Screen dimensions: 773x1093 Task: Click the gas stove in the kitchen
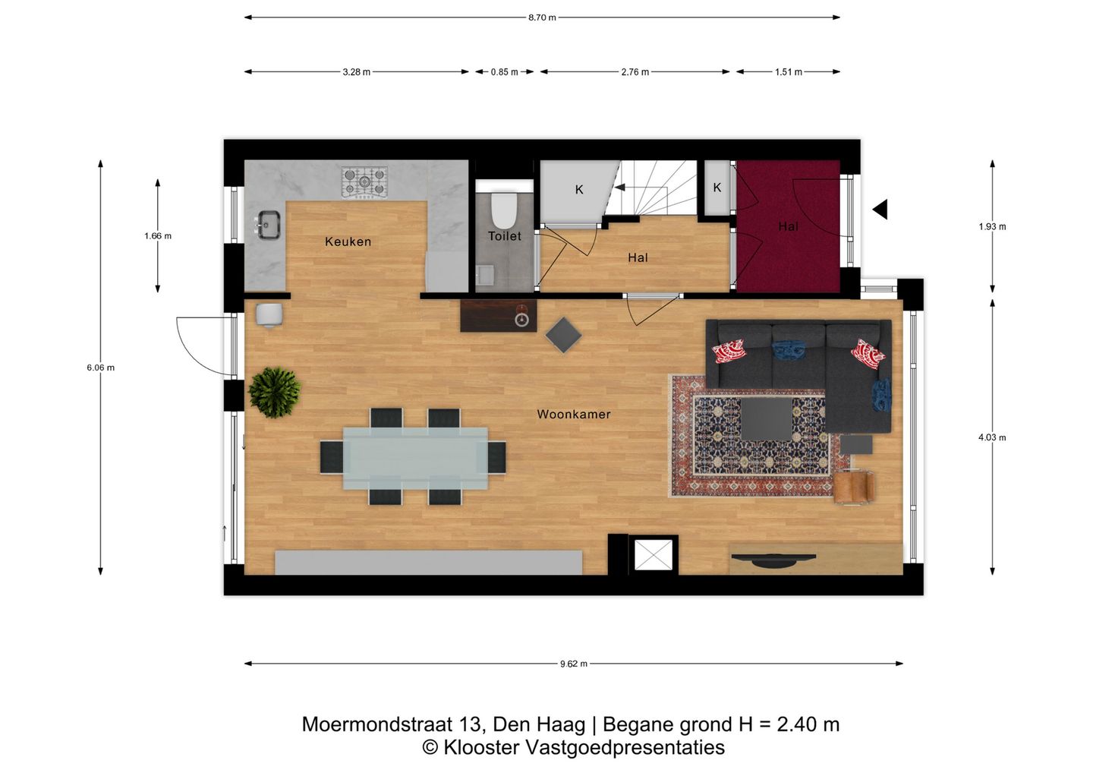[x=364, y=182]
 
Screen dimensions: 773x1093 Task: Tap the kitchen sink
[x=267, y=224]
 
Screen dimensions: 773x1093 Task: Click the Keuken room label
[x=348, y=241]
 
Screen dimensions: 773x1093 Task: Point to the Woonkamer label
[x=573, y=414]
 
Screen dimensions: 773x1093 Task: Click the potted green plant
[x=274, y=392]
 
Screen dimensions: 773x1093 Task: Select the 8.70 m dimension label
[x=542, y=17]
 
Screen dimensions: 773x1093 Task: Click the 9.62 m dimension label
[x=573, y=664]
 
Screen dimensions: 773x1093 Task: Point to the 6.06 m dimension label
[x=100, y=368]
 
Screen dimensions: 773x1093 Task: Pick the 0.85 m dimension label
[x=504, y=72]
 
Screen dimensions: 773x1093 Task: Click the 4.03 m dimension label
[x=991, y=437]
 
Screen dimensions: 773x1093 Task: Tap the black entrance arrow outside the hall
[x=880, y=209]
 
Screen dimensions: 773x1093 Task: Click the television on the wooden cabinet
[x=772, y=560]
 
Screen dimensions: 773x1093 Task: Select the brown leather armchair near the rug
[x=853, y=486]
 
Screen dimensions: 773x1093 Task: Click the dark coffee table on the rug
[x=766, y=418]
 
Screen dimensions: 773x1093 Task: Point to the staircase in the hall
[x=653, y=190]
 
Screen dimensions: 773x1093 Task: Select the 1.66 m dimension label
[x=158, y=236]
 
